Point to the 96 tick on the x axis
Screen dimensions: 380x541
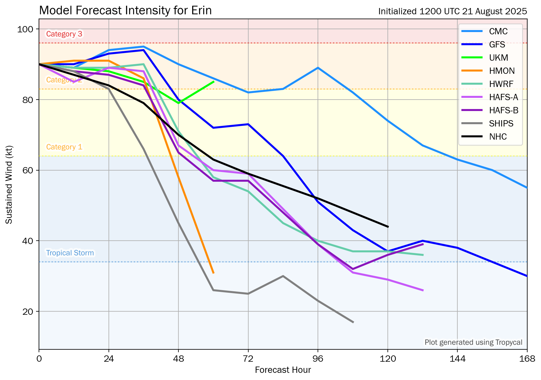point(318,359)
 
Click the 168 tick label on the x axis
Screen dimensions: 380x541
point(527,359)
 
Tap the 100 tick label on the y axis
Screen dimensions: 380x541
point(25,29)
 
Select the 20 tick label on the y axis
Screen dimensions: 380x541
point(28,311)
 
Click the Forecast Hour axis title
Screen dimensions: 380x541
point(283,370)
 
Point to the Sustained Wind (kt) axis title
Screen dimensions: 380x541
point(9,185)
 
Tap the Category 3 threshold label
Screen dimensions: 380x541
point(64,34)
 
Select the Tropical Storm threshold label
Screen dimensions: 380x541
point(70,253)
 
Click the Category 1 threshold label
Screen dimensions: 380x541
point(64,147)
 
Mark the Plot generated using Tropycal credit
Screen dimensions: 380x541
point(473,342)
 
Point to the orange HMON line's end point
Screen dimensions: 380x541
point(213,273)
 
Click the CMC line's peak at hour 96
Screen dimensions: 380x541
point(318,68)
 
